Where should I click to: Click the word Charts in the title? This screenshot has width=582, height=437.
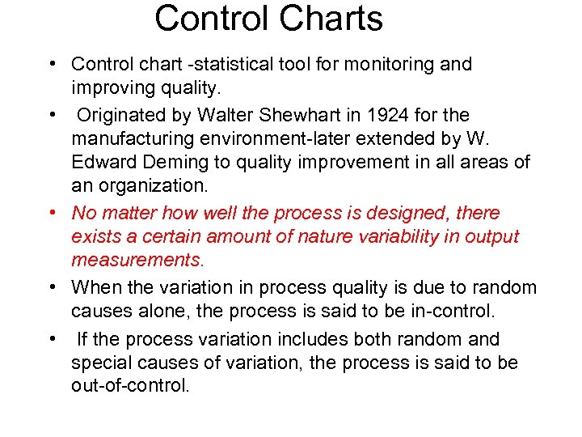(332, 19)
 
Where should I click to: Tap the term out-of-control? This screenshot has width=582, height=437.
(129, 386)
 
